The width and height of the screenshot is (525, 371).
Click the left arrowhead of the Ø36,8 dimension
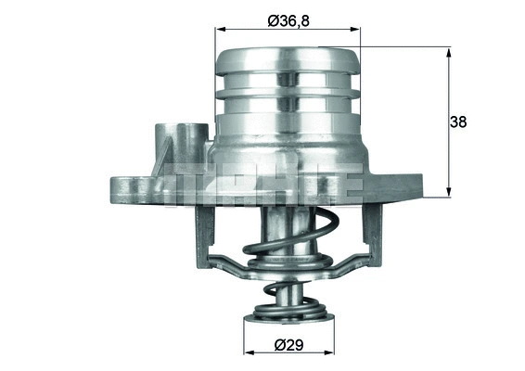tap(220, 29)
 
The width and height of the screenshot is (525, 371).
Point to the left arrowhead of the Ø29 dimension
tap(248, 354)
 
